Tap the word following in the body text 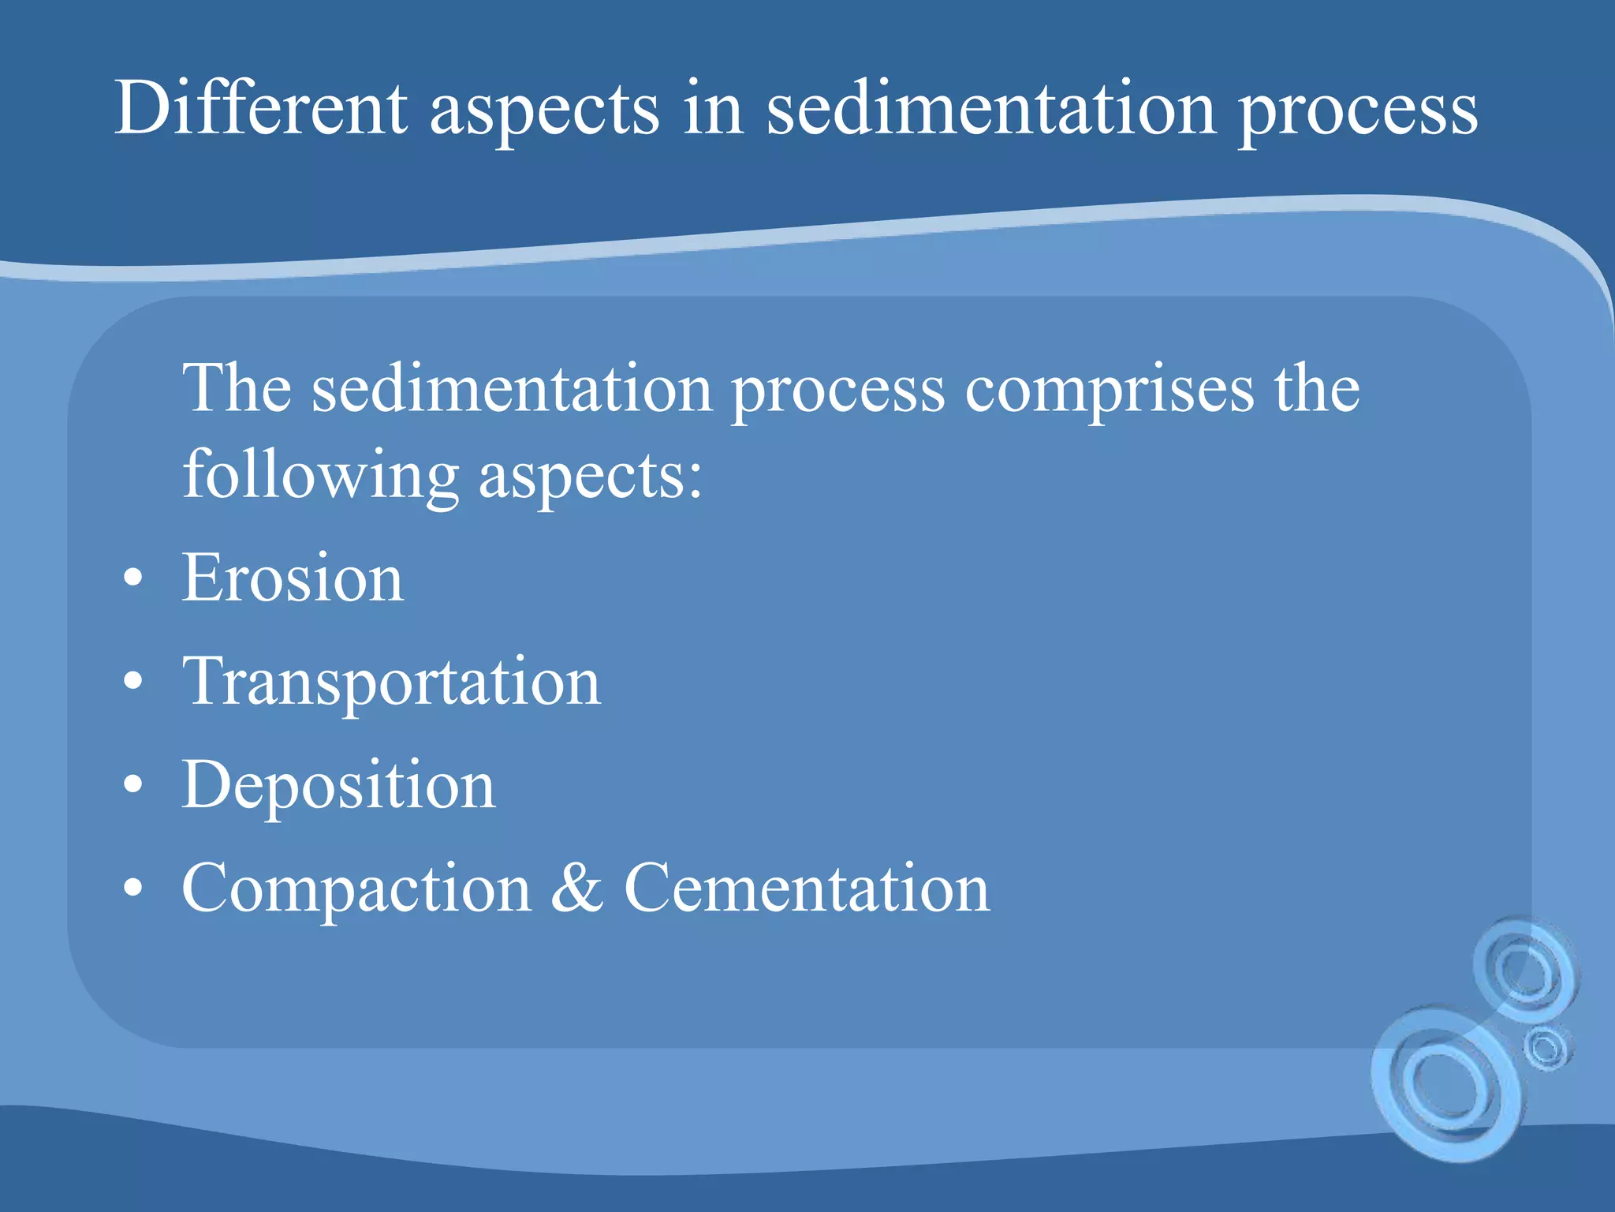(320, 477)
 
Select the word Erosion (293, 578)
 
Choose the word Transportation (391, 683)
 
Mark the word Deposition (339, 786)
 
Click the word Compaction (356, 890)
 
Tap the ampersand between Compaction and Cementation (577, 888)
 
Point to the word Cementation (807, 888)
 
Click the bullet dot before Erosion (133, 578)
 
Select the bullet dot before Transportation (133, 681)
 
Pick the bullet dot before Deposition (133, 784)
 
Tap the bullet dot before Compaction (133, 888)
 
